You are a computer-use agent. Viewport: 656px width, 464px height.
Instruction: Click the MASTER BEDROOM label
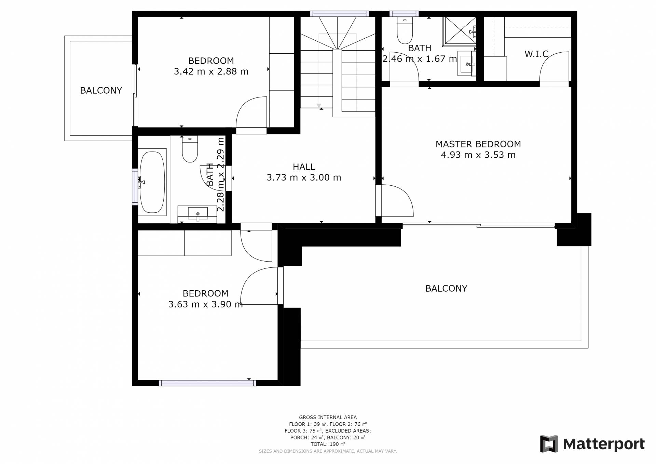pyautogui.click(x=478, y=144)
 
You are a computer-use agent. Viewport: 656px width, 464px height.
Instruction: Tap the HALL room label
pyautogui.click(x=304, y=167)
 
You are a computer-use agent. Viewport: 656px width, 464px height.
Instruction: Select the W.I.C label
pyautogui.click(x=536, y=54)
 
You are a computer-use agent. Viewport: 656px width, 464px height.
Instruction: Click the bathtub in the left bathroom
pyautogui.click(x=152, y=182)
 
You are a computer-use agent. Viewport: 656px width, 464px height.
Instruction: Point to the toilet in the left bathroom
pyautogui.click(x=190, y=149)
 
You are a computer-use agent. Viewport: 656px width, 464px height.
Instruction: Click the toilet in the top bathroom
pyautogui.click(x=405, y=30)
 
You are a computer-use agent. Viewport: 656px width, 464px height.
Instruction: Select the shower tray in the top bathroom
pyautogui.click(x=460, y=31)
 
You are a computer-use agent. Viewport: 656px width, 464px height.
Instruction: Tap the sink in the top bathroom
pyautogui.click(x=467, y=64)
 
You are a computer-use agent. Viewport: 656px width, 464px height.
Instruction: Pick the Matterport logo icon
pyautogui.click(x=549, y=444)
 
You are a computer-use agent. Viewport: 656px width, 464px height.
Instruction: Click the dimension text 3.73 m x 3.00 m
pyautogui.click(x=304, y=177)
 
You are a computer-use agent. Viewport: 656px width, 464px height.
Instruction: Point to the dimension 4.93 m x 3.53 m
pyautogui.click(x=478, y=155)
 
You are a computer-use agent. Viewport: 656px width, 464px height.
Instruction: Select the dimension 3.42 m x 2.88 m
pyautogui.click(x=211, y=71)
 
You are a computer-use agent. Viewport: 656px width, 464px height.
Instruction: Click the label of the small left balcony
pyautogui.click(x=101, y=91)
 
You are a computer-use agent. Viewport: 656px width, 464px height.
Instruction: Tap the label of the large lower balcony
pyautogui.click(x=446, y=289)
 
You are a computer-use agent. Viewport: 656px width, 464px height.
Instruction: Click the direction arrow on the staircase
pyautogui.click(x=319, y=106)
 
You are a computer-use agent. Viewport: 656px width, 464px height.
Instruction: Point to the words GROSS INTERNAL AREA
pyautogui.click(x=328, y=417)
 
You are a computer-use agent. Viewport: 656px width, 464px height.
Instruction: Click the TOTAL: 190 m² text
pyautogui.click(x=328, y=444)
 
